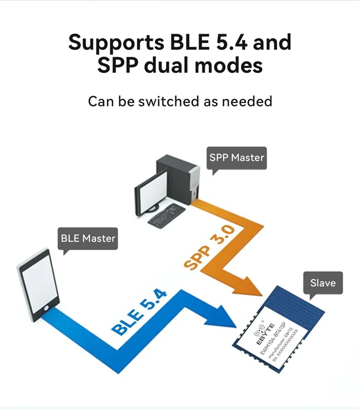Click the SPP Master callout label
(237, 157)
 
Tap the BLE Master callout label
(88, 238)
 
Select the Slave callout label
(323, 282)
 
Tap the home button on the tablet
(47, 306)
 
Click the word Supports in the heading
(116, 42)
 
